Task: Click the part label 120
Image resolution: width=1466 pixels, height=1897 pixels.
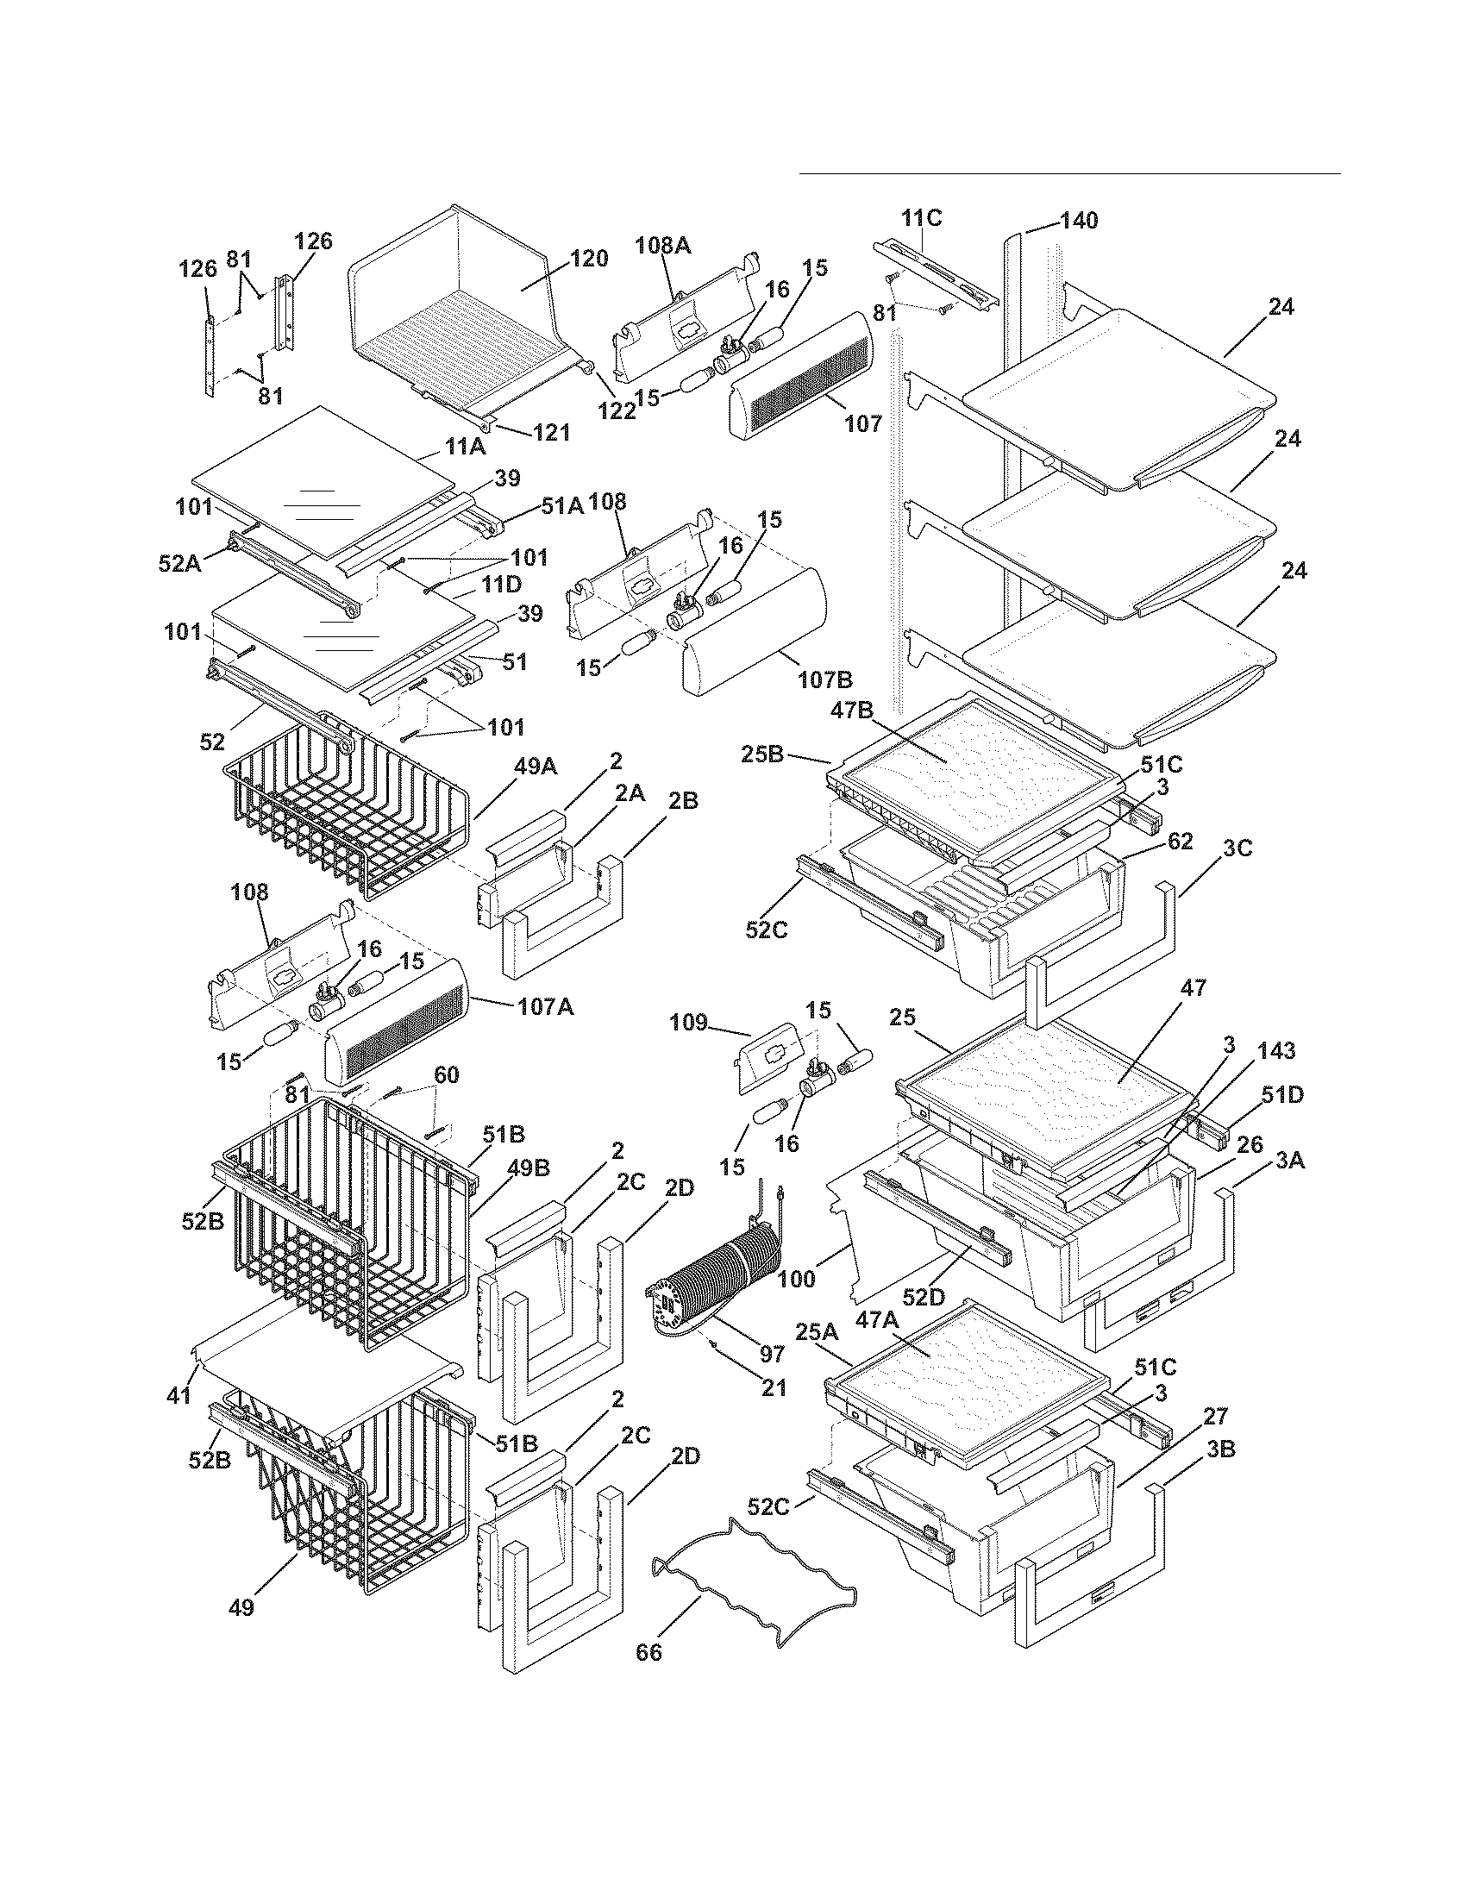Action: click(589, 259)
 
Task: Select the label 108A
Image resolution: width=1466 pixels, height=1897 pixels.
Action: click(663, 246)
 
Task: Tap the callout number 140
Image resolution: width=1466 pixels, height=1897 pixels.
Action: click(1079, 221)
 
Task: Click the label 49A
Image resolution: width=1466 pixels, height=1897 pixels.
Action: click(536, 767)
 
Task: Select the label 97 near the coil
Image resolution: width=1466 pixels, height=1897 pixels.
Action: click(771, 1353)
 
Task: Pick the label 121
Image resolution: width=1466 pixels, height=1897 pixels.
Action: click(551, 432)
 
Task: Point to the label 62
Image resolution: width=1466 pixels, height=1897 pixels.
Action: click(1180, 841)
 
